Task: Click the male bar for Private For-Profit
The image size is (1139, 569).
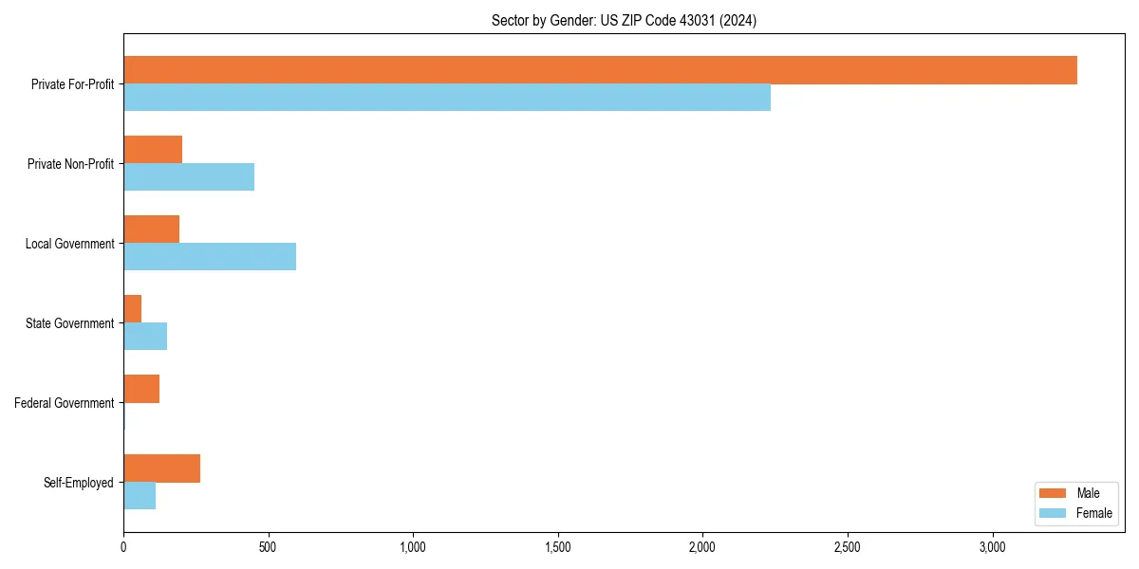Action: pos(600,70)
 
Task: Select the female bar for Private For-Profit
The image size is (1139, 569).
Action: pos(447,98)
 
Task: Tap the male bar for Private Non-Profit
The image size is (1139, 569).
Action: pos(153,150)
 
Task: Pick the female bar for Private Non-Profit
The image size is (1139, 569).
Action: pos(189,177)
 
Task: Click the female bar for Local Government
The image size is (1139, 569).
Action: pos(210,257)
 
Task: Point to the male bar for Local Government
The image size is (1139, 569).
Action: pos(152,229)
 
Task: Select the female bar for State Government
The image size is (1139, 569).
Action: pos(145,337)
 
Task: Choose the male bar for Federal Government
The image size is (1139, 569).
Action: pos(141,389)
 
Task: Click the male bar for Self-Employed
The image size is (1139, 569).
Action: pos(161,468)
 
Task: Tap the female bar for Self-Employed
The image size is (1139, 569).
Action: pos(140,496)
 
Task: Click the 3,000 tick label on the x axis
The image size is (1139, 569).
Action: pos(992,547)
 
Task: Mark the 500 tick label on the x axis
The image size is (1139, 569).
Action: pos(269,547)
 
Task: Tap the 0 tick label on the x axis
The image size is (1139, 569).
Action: pos(123,547)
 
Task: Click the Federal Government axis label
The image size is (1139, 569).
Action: pos(65,403)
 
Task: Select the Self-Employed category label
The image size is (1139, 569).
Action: pos(79,483)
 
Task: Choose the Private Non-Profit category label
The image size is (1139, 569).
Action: pos(70,164)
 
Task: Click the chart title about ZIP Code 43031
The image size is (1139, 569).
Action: pos(624,20)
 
